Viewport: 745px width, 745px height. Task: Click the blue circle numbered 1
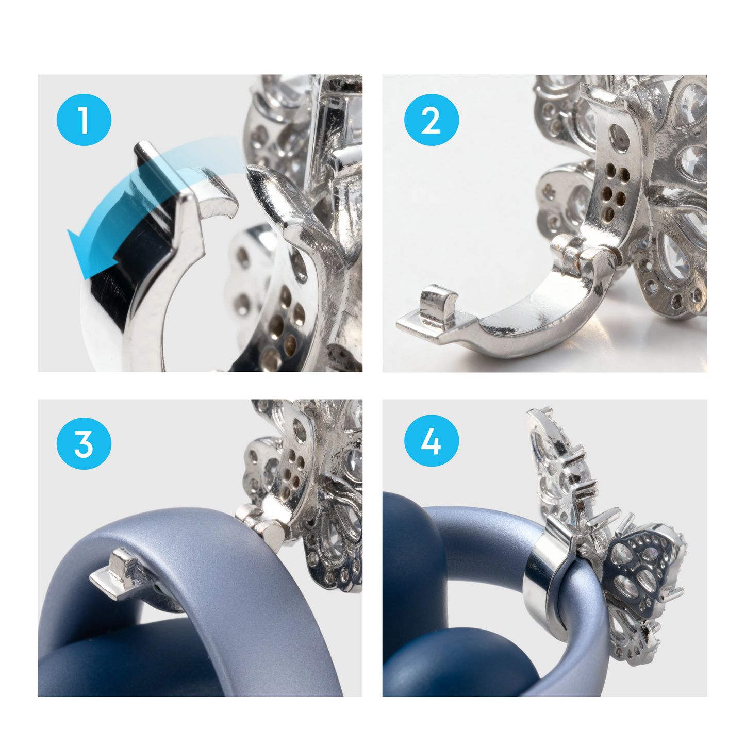84,120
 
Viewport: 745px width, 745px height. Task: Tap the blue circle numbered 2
431,120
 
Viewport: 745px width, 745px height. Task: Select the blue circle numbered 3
84,443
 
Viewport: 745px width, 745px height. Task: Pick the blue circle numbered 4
431,441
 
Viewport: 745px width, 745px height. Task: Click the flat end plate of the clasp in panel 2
418,325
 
